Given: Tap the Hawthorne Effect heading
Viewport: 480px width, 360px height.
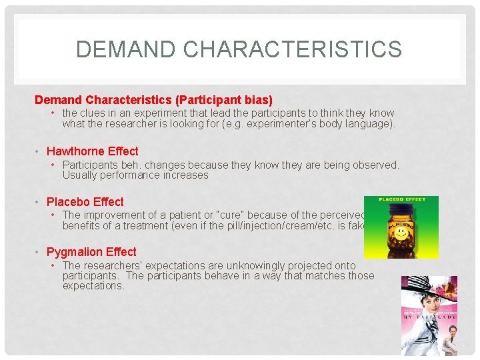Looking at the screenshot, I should [92, 151].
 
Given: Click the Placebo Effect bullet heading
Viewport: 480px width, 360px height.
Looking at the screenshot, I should [85, 202].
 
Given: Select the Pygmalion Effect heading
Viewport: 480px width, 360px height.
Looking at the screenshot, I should [91, 252].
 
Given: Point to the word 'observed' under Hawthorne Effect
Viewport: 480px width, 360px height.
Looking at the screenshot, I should [375, 165].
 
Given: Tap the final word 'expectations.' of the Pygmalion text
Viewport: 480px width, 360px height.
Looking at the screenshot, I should [93, 286].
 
